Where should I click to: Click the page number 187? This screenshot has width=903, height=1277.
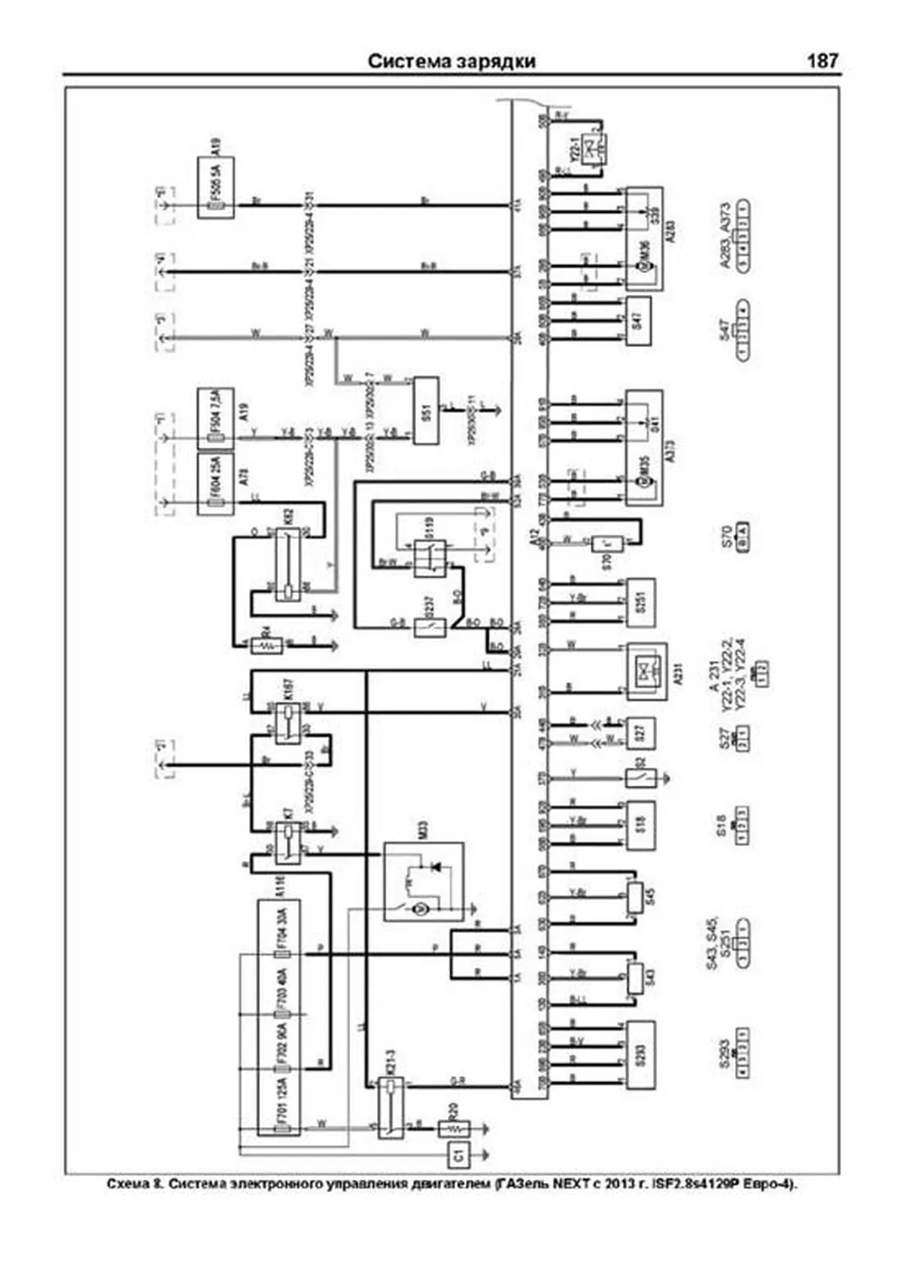coord(822,61)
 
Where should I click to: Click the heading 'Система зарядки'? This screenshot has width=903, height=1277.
coord(451,61)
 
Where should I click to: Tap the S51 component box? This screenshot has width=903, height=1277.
coord(426,411)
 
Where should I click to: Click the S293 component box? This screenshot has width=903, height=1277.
coord(640,1054)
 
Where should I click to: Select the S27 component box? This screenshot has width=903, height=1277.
coord(640,732)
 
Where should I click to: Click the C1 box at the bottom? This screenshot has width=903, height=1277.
coord(458,1154)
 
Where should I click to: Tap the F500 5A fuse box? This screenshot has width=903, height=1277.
coord(216,188)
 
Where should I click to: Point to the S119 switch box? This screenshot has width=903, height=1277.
coord(430,558)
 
